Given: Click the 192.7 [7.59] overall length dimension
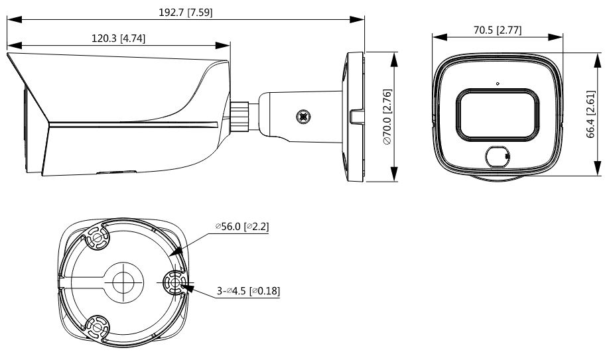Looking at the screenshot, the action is tap(186, 13).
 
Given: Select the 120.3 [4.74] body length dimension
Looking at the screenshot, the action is tap(119, 38).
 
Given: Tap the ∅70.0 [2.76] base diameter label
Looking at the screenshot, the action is tap(387, 117).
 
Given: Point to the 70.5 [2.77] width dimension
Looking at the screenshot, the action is tap(498, 30).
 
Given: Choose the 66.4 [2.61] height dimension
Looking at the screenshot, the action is tap(590, 114).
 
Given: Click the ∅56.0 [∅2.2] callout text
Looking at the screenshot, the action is tap(242, 227).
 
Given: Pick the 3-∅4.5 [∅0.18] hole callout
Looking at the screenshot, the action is tap(248, 290).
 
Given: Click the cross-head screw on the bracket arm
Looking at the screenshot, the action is tap(304, 116).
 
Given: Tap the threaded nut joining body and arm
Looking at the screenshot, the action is tap(239, 117).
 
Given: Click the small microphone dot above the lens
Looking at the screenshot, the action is tap(498, 83).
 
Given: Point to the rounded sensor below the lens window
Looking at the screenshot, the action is tap(498, 156).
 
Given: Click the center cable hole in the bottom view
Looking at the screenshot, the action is tap(123, 282).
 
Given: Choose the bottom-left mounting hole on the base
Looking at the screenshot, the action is tap(97, 328).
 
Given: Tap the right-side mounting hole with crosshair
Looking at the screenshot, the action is tap(174, 282).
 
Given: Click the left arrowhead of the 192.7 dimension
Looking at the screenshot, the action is tap(14, 19).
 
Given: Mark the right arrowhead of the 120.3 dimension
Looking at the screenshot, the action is tap(223, 45).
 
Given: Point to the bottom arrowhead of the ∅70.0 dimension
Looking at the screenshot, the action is tap(394, 174).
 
